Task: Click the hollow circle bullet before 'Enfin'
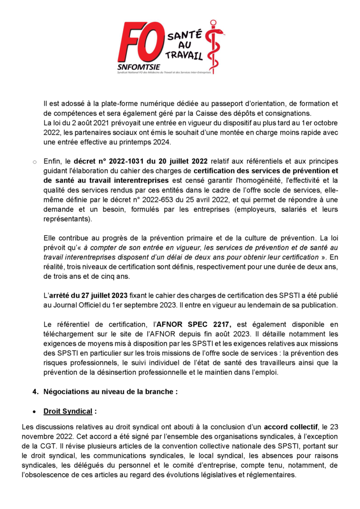[34, 162]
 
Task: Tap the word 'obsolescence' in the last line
[48, 474]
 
